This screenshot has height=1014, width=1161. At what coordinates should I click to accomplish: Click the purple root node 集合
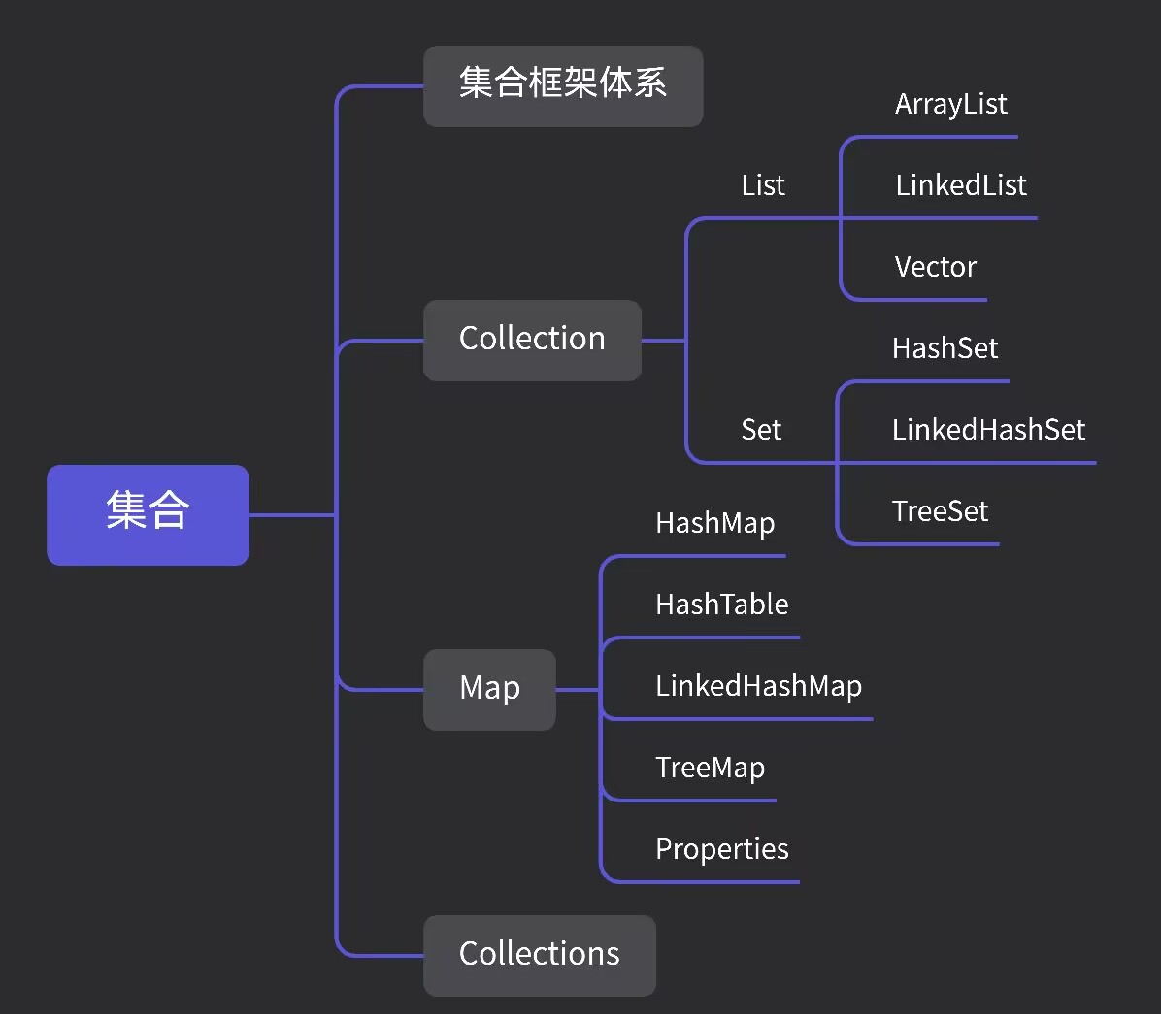click(x=148, y=514)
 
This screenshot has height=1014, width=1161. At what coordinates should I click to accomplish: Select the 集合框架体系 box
click(x=563, y=85)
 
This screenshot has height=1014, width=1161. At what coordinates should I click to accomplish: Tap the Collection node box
click(x=532, y=340)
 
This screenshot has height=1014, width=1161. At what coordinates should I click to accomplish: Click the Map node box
click(x=489, y=689)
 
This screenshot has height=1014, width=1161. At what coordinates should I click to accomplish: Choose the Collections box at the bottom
click(x=539, y=955)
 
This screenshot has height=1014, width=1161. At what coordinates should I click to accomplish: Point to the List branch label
click(x=763, y=185)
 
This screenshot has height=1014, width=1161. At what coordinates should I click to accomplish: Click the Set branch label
click(x=761, y=430)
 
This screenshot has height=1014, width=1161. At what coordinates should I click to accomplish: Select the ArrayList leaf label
click(x=950, y=105)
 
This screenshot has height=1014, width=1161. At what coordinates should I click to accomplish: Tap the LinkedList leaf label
click(x=960, y=185)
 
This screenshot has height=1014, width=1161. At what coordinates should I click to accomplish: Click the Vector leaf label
click(x=935, y=267)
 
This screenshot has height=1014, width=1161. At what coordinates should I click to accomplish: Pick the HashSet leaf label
click(x=945, y=348)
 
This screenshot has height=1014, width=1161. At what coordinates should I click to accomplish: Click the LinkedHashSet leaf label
click(x=988, y=430)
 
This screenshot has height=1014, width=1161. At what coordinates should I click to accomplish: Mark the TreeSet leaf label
click(x=940, y=511)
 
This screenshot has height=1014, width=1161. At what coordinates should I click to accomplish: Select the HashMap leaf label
click(x=714, y=524)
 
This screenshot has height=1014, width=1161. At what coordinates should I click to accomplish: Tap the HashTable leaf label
click(x=721, y=605)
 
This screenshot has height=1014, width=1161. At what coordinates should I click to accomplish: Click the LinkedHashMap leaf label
click(x=758, y=686)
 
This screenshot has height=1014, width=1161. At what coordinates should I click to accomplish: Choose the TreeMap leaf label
click(x=710, y=768)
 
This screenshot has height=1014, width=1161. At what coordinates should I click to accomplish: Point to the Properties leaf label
click(x=721, y=849)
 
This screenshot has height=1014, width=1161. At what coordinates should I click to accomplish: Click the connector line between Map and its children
click(x=578, y=690)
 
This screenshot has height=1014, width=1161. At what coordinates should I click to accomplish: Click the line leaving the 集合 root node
click(x=291, y=514)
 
